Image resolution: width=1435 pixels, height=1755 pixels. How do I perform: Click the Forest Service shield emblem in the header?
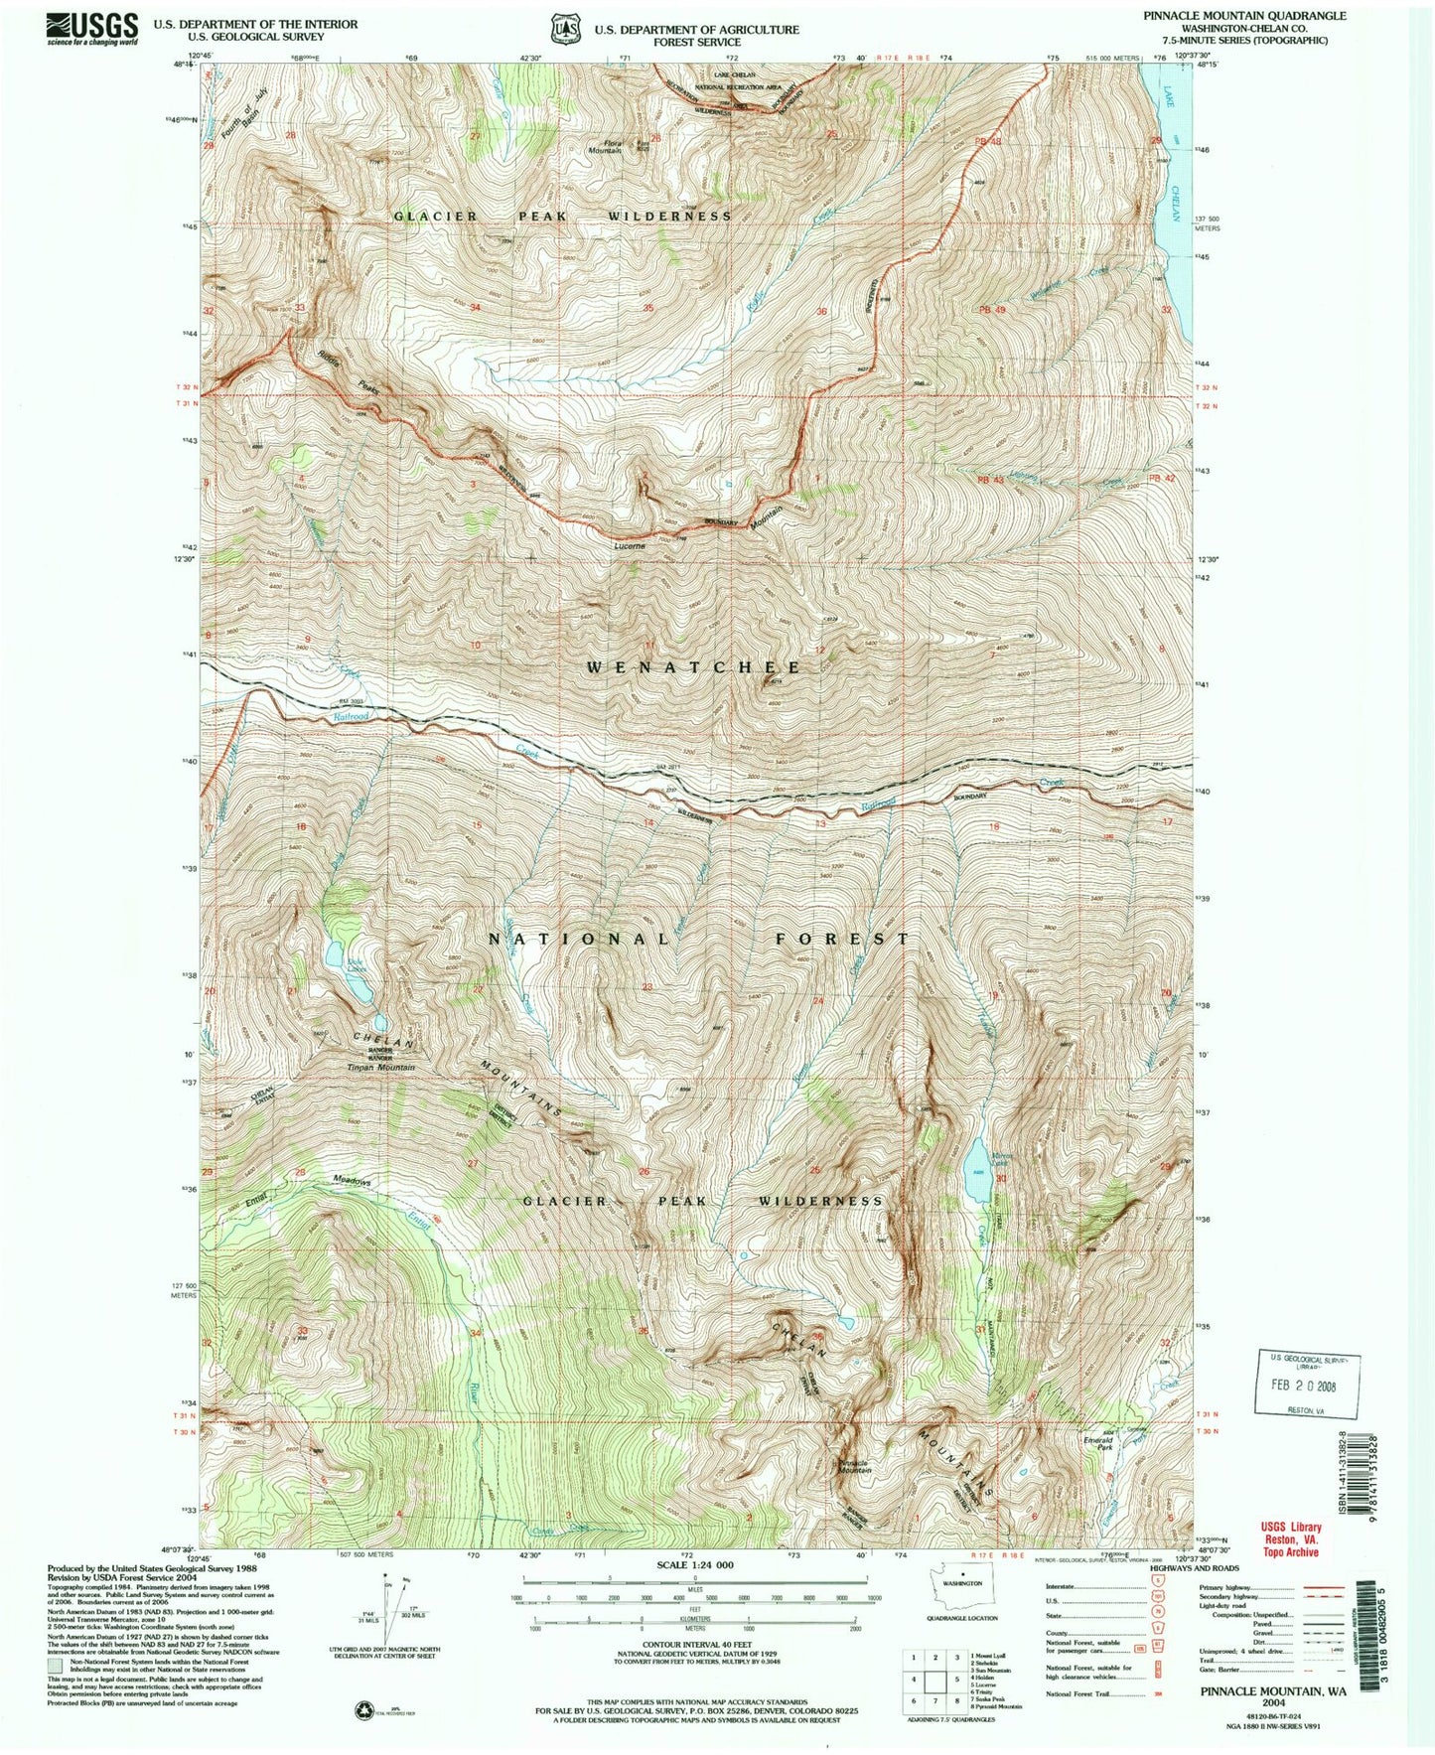565,30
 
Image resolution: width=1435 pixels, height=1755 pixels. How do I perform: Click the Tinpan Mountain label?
380,1068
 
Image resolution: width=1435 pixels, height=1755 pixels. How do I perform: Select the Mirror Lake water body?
976,1160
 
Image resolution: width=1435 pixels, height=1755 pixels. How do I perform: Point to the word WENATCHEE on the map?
693,667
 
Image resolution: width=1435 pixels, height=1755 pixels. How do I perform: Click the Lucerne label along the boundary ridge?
630,545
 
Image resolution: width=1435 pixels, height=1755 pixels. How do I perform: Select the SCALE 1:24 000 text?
694,1592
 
